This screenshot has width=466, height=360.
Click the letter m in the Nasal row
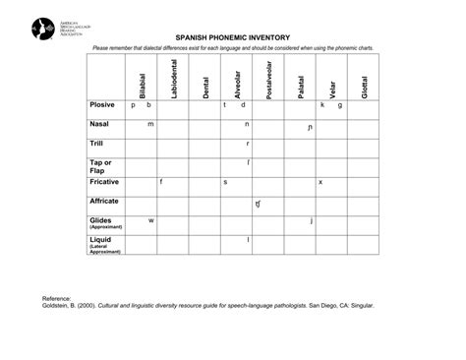coord(150,125)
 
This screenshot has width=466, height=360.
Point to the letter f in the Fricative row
coord(160,182)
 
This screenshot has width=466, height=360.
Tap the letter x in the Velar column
coord(320,182)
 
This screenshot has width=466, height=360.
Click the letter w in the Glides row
coord(150,220)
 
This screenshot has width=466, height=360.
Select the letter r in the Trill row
coord(247,144)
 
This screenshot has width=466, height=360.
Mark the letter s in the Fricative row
coord(225,182)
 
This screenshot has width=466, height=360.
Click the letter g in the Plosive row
coord(340,105)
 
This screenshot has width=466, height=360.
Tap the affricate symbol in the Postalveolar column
coord(258,204)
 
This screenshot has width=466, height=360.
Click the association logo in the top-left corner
coord(43,29)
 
